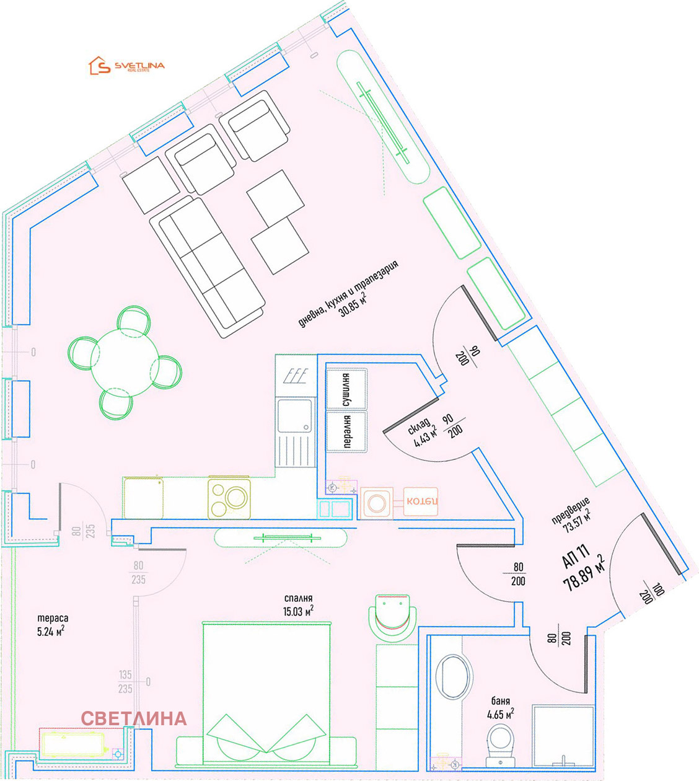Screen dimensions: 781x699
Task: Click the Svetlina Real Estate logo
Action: click(x=127, y=66)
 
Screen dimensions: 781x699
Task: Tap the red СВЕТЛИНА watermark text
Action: click(x=133, y=718)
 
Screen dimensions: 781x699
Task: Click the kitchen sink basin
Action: click(x=294, y=416)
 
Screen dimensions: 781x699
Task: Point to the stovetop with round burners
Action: click(x=229, y=497)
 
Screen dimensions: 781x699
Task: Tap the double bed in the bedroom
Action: click(x=266, y=694)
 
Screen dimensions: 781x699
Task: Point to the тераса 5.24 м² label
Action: click(x=52, y=625)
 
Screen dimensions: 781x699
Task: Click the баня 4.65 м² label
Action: click(x=501, y=708)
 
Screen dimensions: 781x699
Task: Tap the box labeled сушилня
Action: click(x=346, y=390)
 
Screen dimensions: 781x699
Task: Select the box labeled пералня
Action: click(x=346, y=431)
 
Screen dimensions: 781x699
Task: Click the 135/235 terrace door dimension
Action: click(x=125, y=682)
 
